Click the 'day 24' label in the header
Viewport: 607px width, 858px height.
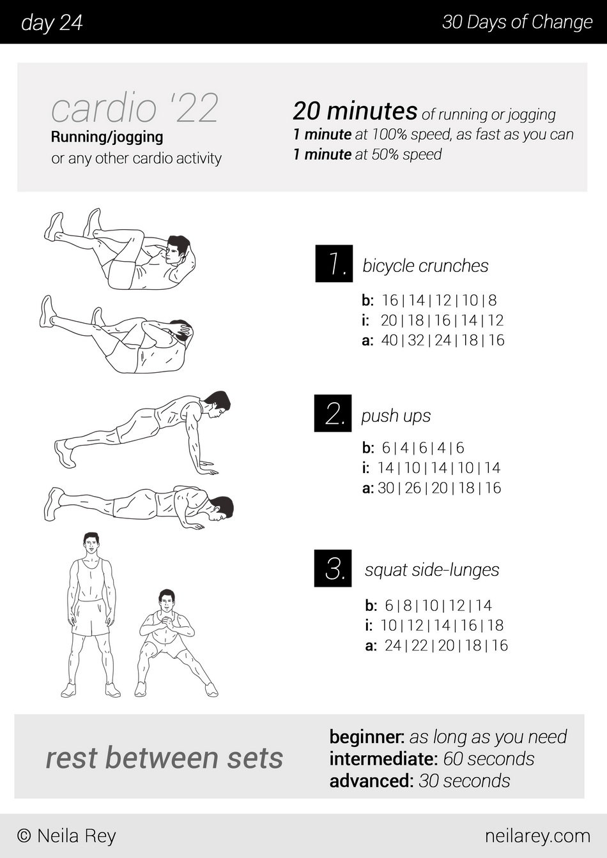coord(52,22)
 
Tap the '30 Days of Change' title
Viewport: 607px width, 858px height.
coord(518,22)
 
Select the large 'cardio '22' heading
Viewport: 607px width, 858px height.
coord(135,108)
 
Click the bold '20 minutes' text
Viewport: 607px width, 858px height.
coord(355,111)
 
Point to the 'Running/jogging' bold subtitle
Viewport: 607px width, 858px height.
coord(107,137)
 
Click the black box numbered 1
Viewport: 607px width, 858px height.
coord(334,264)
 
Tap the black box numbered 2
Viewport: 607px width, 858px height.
coord(333,413)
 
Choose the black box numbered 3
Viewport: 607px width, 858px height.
coord(333,568)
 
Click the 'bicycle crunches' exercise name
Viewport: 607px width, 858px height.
coord(426,266)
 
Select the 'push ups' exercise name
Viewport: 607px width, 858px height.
coord(396,416)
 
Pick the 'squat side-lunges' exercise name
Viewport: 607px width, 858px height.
coord(432,570)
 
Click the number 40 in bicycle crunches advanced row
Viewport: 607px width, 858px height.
coord(389,340)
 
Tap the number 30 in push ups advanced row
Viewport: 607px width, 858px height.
coord(386,488)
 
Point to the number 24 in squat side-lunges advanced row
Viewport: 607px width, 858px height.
coord(393,645)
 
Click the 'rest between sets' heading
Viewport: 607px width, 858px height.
coord(164,758)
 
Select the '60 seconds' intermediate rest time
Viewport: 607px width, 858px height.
coord(489,759)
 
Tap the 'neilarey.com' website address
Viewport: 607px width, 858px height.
coord(537,836)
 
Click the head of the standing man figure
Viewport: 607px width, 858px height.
coord(91,543)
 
